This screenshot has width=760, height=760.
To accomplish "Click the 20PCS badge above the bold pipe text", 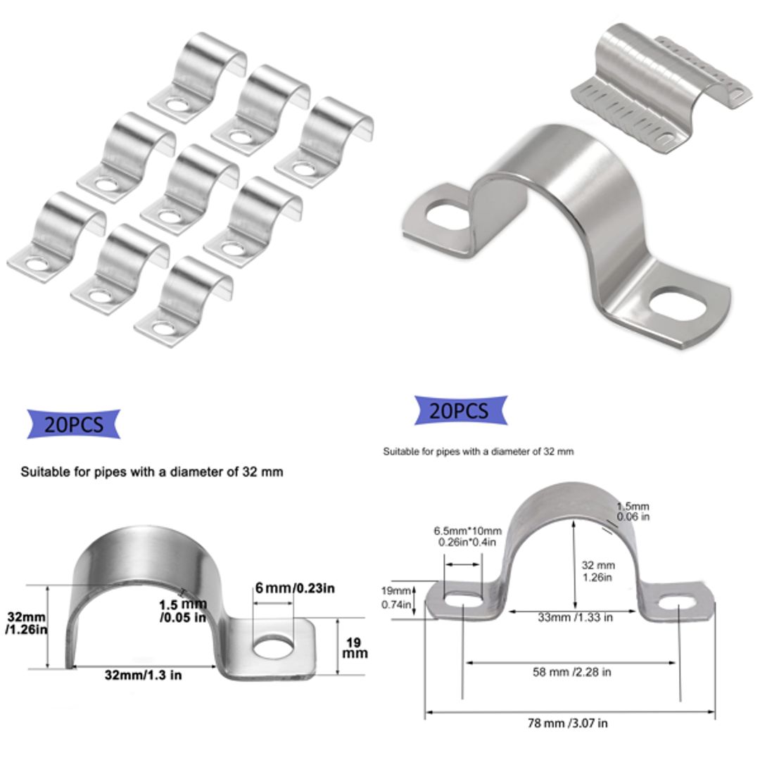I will [x=73, y=424].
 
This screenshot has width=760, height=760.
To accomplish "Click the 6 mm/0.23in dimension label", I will [x=293, y=588].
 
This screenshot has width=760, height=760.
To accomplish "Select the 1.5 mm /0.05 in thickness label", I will [x=182, y=611].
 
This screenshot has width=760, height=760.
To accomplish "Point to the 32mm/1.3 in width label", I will [x=143, y=675].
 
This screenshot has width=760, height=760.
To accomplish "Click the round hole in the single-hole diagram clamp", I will [x=272, y=646].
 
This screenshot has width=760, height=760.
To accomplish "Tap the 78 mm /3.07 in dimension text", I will [x=568, y=723].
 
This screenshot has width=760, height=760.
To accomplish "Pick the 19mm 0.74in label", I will [x=396, y=597].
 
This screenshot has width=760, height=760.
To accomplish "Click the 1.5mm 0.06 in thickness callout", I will [x=633, y=512].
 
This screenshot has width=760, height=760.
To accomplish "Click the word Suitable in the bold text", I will [x=44, y=471].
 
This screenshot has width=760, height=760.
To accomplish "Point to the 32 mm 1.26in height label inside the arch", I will [x=599, y=571].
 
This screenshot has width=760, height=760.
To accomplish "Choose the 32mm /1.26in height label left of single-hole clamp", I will [x=27, y=623].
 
